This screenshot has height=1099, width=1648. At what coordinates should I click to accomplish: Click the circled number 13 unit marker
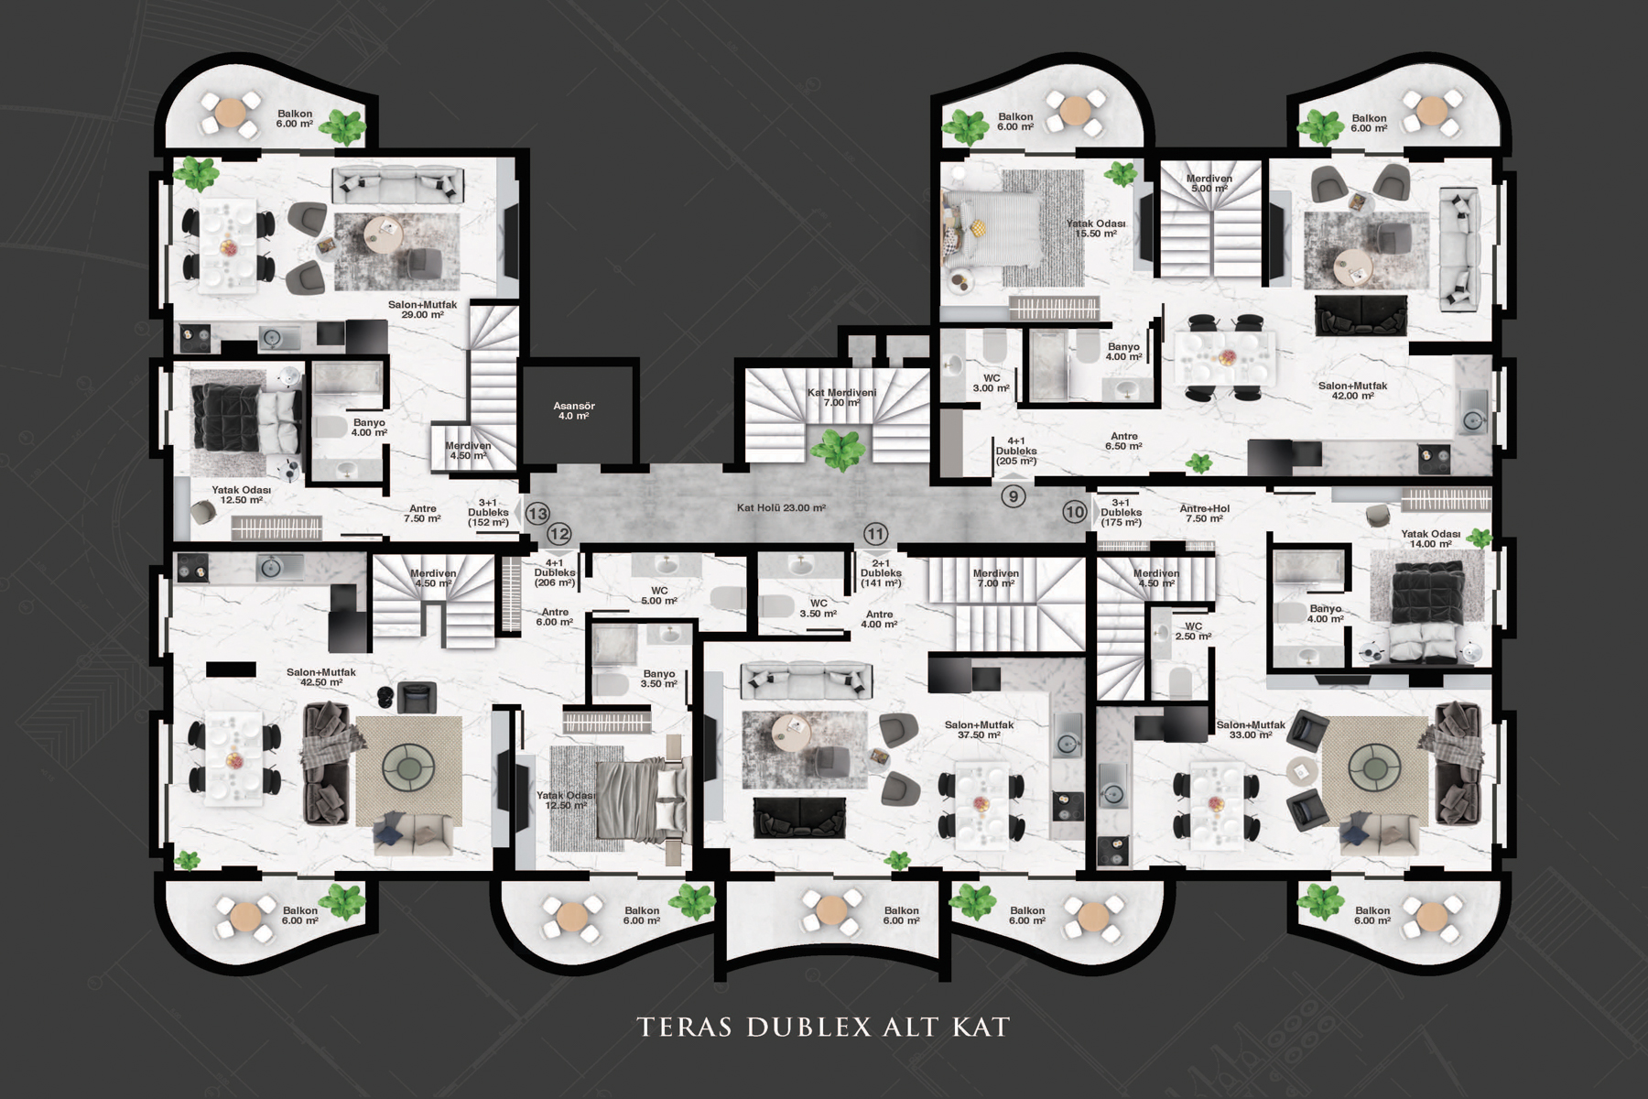click(x=537, y=515)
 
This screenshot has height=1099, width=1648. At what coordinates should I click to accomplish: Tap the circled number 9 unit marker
click(x=1013, y=496)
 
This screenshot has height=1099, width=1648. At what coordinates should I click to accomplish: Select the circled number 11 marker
click(x=875, y=534)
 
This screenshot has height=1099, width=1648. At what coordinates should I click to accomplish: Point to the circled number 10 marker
click(x=1074, y=512)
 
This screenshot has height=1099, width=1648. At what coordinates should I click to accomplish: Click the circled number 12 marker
click(x=559, y=534)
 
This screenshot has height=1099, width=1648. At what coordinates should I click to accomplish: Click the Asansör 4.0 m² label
click(x=574, y=411)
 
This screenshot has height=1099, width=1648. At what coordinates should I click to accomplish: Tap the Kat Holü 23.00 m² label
click(x=781, y=507)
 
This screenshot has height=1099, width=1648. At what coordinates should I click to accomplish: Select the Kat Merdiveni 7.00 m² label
click(x=841, y=397)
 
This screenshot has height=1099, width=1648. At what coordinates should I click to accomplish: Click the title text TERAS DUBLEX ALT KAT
click(x=823, y=1027)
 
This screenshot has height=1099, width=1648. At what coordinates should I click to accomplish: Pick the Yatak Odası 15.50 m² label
click(x=1096, y=229)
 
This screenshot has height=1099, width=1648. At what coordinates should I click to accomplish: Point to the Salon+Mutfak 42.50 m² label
click(x=321, y=677)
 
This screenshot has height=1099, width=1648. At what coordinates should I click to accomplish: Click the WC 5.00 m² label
click(x=659, y=595)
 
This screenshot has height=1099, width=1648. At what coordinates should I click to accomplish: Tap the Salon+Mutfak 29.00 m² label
click(x=422, y=310)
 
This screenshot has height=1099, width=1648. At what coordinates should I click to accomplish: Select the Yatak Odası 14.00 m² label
click(x=1431, y=539)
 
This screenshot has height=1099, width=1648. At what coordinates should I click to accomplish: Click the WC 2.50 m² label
click(x=1194, y=631)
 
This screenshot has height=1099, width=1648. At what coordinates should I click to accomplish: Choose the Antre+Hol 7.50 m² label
click(x=1205, y=513)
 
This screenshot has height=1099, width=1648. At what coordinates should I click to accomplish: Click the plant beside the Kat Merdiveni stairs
click(x=839, y=450)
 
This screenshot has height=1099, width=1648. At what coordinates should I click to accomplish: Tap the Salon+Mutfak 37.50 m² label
click(x=980, y=730)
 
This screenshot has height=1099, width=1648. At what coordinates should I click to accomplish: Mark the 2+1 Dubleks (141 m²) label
click(x=881, y=573)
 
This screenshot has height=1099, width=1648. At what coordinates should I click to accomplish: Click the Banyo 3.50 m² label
click(x=659, y=679)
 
